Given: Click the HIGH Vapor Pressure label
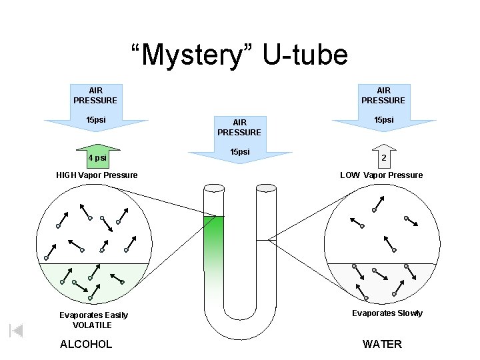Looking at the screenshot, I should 97,175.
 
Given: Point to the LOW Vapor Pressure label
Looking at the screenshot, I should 381,175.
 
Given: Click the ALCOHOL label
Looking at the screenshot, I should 86,344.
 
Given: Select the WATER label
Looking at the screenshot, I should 382,344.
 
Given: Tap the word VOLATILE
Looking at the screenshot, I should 92,325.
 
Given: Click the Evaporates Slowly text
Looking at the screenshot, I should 387,313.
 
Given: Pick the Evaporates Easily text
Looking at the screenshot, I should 93,315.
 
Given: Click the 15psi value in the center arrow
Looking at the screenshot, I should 239,152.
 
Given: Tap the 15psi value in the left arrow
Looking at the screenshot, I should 95,120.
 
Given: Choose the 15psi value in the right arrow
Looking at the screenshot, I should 383,120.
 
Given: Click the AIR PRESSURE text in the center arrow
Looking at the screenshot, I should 239,127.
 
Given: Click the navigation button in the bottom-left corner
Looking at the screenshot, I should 17,330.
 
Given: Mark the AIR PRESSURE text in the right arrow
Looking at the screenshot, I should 383,95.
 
